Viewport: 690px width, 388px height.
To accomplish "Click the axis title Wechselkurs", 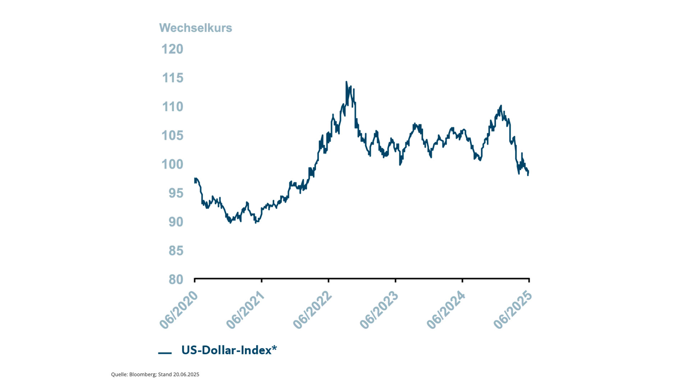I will (x=195, y=28).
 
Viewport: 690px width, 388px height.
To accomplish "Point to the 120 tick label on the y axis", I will (x=172, y=49).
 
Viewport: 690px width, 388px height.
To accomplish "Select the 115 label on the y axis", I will (x=172, y=78).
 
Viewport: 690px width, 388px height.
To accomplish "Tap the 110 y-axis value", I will (x=172, y=107).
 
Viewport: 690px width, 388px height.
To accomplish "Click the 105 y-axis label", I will (x=172, y=135).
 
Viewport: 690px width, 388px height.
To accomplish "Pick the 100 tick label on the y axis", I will (x=172, y=165).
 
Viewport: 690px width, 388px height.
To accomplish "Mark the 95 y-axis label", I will (x=176, y=193).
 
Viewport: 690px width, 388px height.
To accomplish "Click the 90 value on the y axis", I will (x=176, y=222).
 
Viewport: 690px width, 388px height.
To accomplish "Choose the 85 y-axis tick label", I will (x=176, y=251).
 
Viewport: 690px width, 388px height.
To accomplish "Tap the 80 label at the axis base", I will (x=176, y=280).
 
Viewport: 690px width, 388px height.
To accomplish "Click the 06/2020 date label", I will (x=179, y=310).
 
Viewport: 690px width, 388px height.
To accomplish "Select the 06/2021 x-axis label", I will (x=245, y=310).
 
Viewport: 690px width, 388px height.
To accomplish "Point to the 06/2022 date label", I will (x=312, y=310).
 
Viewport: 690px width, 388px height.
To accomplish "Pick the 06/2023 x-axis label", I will (x=379, y=310).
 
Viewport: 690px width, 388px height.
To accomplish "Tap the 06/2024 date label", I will (x=446, y=310).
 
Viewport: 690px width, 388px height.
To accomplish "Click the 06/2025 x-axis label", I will (x=513, y=310).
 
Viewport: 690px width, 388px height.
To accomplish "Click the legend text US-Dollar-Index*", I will (x=229, y=350).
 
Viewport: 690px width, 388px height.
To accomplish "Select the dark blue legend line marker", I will (x=165, y=353).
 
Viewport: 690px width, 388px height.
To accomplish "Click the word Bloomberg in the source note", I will (x=143, y=374).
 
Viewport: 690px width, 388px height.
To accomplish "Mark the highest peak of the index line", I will (x=346, y=82).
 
